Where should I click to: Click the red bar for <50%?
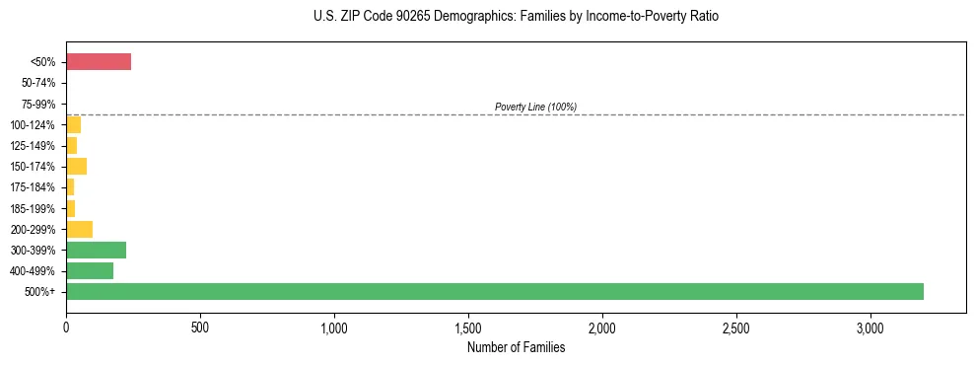point(99,62)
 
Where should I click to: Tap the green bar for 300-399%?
point(96,250)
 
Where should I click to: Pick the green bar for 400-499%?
point(90,270)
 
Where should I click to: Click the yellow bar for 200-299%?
point(79,229)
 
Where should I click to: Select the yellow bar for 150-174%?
point(76,166)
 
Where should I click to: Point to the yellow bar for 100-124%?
point(73,124)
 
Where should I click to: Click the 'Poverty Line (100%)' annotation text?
point(535,107)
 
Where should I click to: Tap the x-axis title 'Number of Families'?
point(516,347)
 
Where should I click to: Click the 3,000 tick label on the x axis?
point(871,327)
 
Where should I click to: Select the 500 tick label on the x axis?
point(200,327)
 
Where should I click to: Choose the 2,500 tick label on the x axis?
point(736,327)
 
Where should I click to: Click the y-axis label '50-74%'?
point(39,84)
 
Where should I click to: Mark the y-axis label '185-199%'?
point(35,208)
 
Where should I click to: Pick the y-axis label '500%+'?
point(41,292)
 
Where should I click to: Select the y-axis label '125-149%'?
point(35,146)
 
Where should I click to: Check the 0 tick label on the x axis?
point(66,327)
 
